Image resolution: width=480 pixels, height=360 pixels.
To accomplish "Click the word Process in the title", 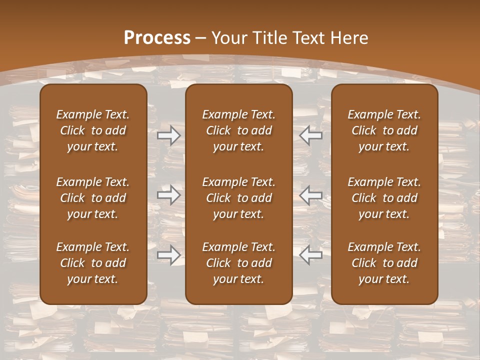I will coord(157,38).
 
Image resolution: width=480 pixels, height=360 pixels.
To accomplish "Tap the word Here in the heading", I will coord(348,38).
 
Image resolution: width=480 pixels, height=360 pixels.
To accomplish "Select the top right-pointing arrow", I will coord(168,136).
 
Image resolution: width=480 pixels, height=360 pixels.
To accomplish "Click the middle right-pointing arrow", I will coord(168,195).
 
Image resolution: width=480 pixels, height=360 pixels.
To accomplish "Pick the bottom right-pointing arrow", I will coord(168,255).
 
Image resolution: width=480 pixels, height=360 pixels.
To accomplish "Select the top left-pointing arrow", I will coord(311,136).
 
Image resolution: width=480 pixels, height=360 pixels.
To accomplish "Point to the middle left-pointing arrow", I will coord(311,195).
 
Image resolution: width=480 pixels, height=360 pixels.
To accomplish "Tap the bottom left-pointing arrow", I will coord(311,255).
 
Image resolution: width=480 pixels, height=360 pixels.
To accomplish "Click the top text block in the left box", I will coord(93,130).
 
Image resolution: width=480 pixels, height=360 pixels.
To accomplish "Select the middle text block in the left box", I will coord(93,198).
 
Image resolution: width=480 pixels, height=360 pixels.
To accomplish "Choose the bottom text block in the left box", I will coord(93,263).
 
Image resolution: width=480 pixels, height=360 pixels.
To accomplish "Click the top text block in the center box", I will coord(238,130).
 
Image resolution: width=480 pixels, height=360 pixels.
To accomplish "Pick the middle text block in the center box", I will coord(238,198).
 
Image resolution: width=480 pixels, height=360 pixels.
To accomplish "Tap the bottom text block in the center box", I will coord(238,263).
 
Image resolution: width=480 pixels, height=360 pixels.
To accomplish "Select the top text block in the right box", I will coord(384,130).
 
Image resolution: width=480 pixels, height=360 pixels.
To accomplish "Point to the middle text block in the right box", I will coord(384,198).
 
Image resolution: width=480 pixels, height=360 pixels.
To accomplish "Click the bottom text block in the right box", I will coord(384,263).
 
